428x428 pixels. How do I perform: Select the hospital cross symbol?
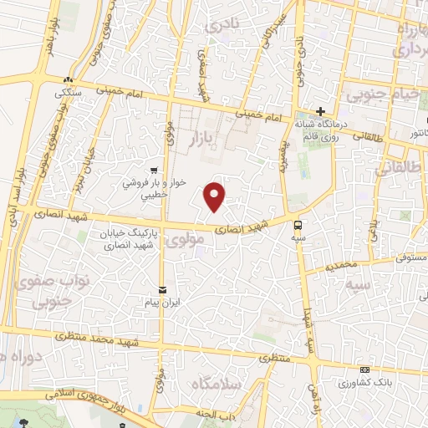click(x=320, y=112)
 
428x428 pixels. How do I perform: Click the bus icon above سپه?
click(x=298, y=223)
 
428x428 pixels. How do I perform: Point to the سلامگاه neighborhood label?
click(x=217, y=384)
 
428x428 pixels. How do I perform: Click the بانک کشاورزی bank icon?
click(x=364, y=369)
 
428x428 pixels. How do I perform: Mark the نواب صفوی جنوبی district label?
click(x=38, y=288)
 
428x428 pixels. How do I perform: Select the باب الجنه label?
click(x=222, y=414)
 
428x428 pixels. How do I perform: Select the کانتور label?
click(x=414, y=132)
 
